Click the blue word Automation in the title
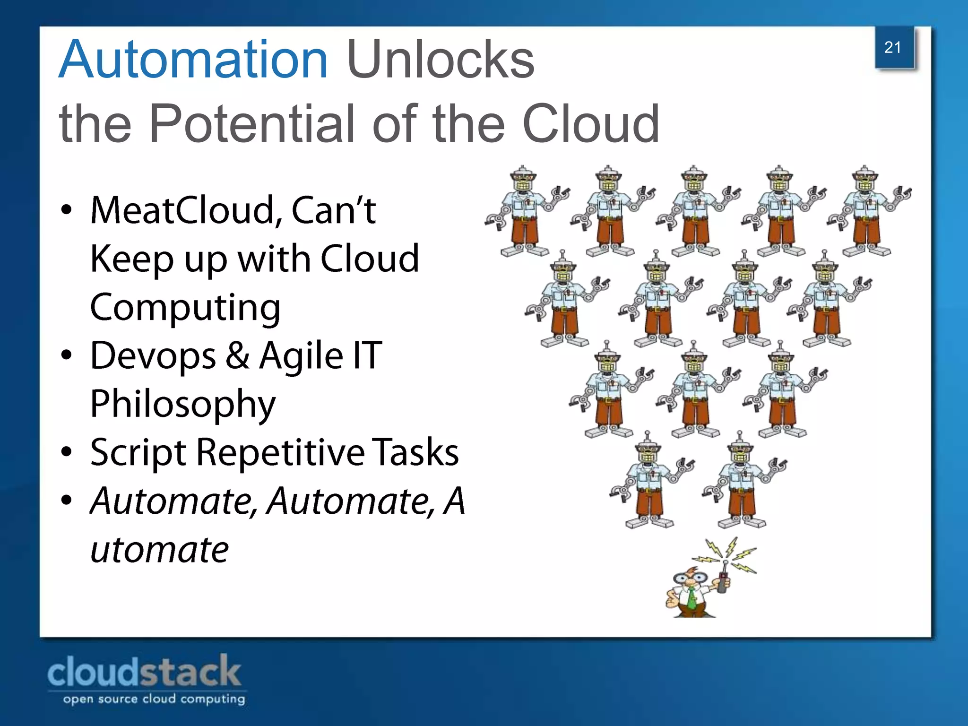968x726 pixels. (193, 60)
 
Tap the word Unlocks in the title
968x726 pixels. (440, 60)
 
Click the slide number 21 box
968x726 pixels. (893, 47)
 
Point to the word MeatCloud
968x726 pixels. (182, 210)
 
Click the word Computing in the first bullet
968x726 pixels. (185, 307)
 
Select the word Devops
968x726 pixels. (153, 356)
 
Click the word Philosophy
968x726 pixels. (182, 404)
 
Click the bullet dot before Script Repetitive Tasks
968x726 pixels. (67, 452)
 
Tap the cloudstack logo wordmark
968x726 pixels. (144, 672)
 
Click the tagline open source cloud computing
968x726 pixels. (154, 699)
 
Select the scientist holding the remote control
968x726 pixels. (692, 591)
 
